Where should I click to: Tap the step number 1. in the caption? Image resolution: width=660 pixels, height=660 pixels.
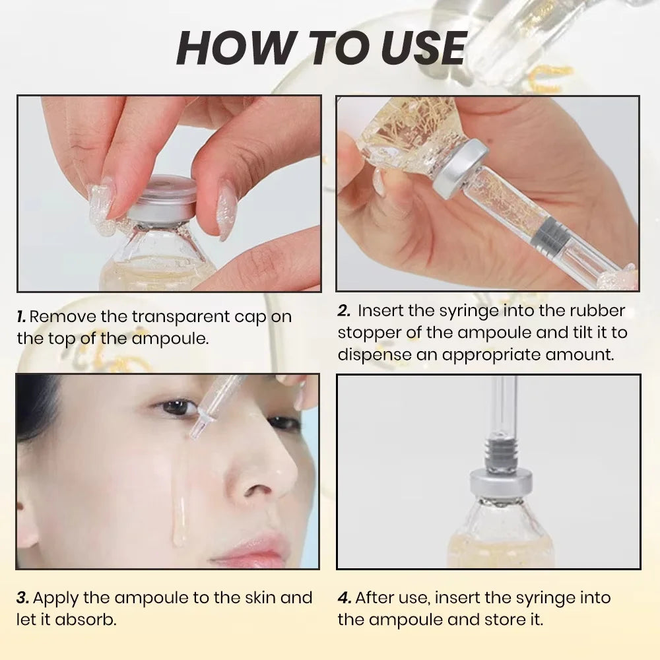pyautogui.click(x=22, y=316)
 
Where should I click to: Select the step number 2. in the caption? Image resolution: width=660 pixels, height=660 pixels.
pyautogui.click(x=343, y=311)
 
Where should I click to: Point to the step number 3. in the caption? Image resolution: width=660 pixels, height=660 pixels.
pyautogui.click(x=22, y=598)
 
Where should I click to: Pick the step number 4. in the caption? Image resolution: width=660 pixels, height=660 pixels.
pyautogui.click(x=345, y=598)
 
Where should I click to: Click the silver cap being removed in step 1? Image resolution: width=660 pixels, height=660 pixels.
pyautogui.click(x=161, y=197)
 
